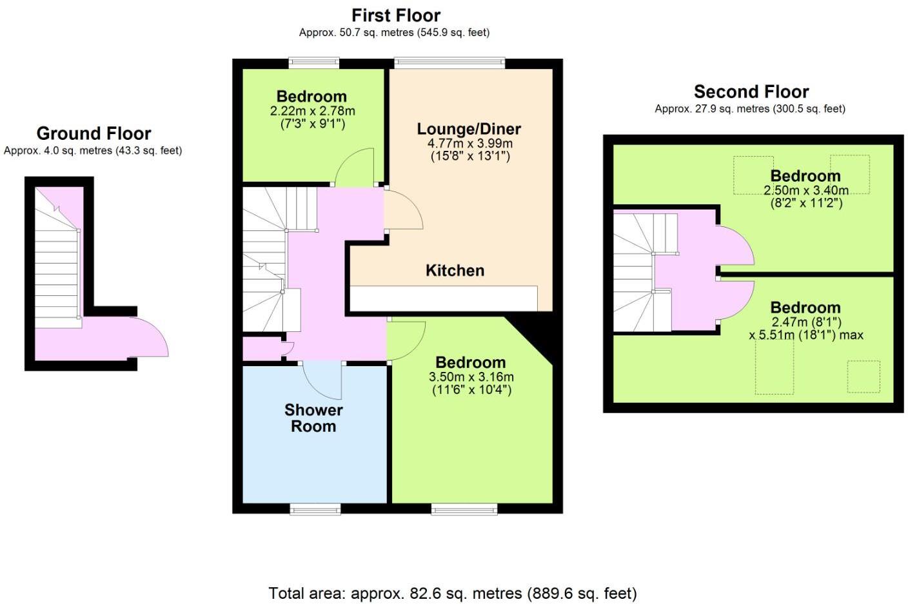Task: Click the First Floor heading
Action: tap(395, 15)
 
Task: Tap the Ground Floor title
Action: tap(94, 133)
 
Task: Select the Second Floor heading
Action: tap(751, 92)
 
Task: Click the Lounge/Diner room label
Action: tap(469, 129)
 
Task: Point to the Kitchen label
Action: tap(455, 271)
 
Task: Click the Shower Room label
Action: tap(313, 418)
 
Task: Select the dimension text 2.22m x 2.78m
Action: tap(312, 111)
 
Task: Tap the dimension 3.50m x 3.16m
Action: tap(471, 377)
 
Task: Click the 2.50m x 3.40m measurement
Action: tap(805, 190)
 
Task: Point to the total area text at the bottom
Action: tap(453, 593)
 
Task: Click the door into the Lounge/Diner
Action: tap(402, 210)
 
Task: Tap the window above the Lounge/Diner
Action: tap(449, 63)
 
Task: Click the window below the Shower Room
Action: tap(315, 510)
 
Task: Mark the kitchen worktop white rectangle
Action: tap(443, 298)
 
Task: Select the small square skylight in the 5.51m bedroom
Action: tap(863, 376)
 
